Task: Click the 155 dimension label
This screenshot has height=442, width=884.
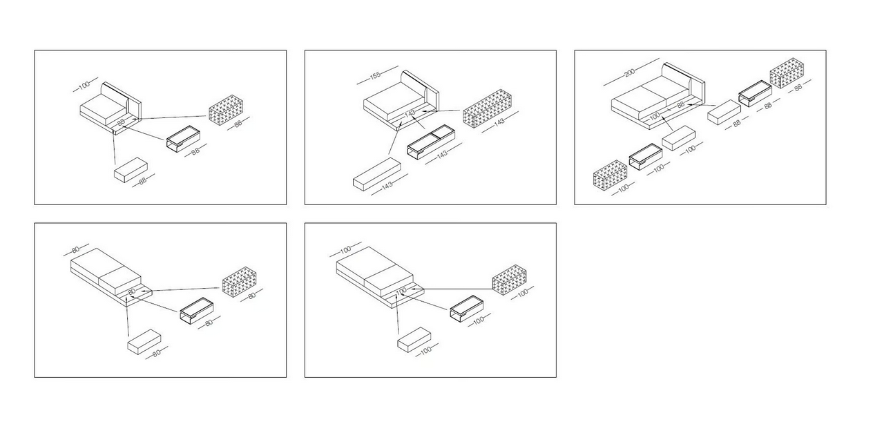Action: click(375, 75)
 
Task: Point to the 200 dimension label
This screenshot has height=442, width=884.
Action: click(630, 73)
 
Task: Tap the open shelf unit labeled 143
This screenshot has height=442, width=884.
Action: click(431, 142)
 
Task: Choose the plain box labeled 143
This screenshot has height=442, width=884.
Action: click(377, 175)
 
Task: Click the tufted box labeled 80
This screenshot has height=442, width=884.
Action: click(240, 282)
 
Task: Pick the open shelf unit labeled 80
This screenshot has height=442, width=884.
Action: click(197, 311)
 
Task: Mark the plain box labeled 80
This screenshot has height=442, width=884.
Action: click(144, 342)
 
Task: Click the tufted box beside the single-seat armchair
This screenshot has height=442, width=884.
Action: click(226, 110)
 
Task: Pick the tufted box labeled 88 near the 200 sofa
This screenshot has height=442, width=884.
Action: click(787, 73)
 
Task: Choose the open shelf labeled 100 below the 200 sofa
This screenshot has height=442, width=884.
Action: click(646, 157)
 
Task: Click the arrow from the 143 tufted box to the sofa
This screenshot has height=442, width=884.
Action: click(441, 111)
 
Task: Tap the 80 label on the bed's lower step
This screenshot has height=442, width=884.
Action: click(132, 291)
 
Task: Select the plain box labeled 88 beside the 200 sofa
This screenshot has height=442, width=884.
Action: click(724, 112)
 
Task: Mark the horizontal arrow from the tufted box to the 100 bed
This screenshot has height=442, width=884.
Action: click(451, 289)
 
